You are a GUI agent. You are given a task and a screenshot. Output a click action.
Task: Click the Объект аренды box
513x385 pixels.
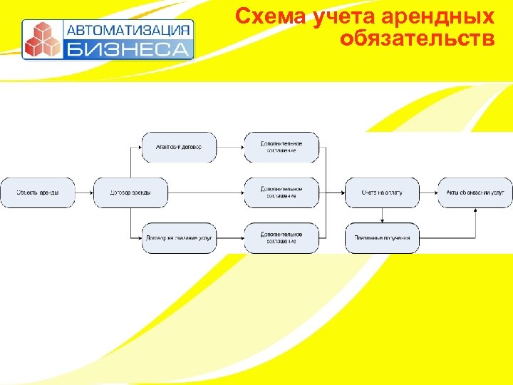coord(38,192)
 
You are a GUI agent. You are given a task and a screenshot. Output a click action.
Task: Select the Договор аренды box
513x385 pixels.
coord(131,192)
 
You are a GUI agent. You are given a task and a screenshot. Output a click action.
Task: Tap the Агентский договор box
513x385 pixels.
coord(178,148)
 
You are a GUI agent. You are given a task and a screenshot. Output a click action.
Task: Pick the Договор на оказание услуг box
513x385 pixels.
coord(178,237)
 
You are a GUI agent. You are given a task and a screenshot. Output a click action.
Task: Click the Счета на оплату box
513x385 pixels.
coord(382,192)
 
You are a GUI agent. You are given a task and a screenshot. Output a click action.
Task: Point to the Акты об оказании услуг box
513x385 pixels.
coord(475,192)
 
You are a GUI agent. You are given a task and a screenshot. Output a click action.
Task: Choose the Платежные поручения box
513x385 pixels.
coord(382,237)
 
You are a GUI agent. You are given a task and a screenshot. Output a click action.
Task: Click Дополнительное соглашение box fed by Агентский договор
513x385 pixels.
coord(281,148)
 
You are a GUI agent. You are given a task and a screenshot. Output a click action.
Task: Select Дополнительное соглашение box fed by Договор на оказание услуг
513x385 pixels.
coord(281,237)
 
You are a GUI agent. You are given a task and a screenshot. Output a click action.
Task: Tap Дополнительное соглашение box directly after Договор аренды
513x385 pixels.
coord(281,192)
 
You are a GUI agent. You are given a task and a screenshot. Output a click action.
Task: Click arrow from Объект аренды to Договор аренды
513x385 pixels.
coord(84,192)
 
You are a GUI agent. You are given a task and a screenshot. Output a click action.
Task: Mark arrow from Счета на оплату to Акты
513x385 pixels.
coord(428,192)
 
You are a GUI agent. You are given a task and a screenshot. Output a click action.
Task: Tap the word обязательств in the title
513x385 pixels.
coord(417,38)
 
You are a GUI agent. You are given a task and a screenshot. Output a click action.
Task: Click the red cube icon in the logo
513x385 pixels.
coord(41,39)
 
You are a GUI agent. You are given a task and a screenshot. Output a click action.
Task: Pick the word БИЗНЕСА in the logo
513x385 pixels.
coord(129,49)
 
